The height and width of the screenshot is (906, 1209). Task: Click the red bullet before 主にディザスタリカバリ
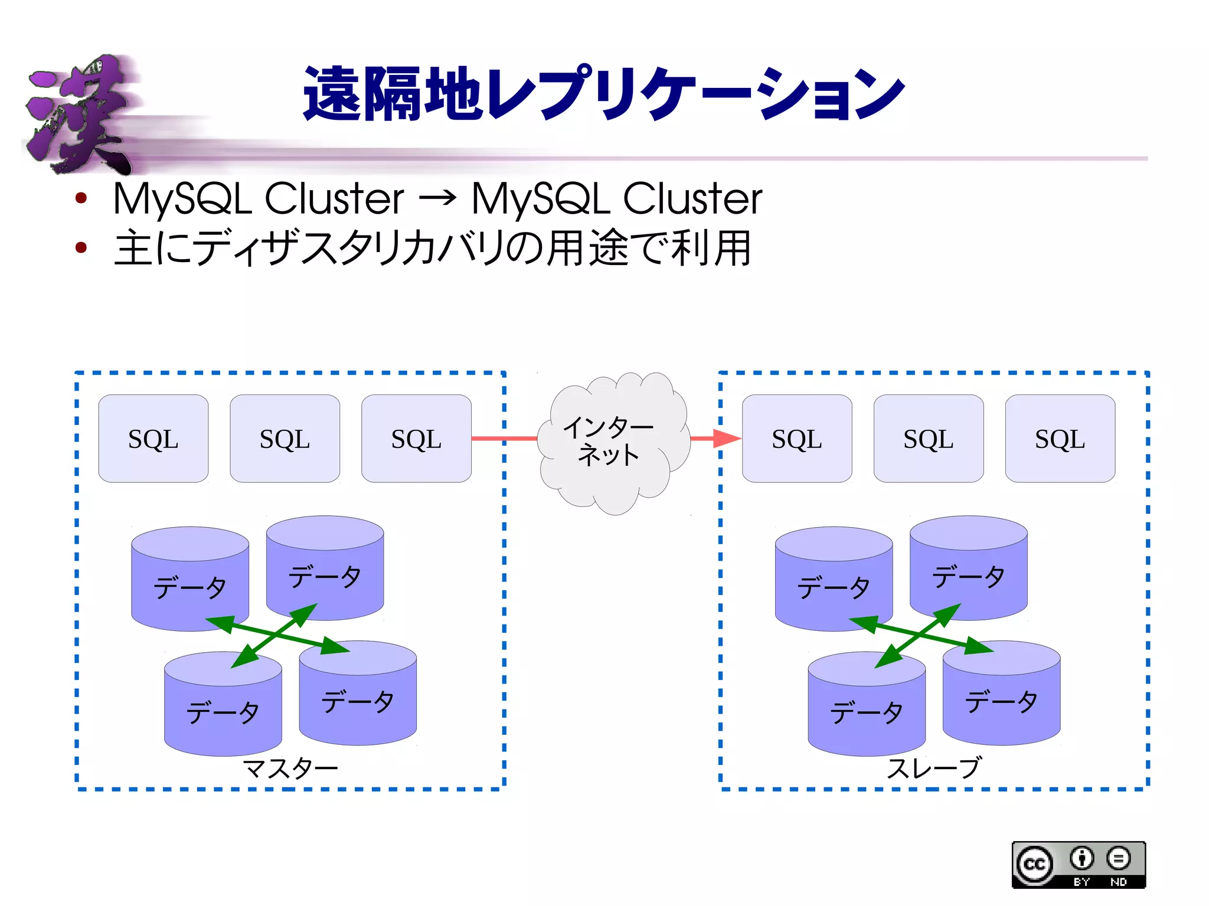pos(81,248)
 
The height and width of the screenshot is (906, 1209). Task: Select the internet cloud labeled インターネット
pos(611,443)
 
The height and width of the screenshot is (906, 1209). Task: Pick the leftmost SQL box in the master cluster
pos(153,439)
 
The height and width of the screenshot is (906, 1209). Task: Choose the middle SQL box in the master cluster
pos(285,439)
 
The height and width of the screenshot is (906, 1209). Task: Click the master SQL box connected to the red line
pos(416,439)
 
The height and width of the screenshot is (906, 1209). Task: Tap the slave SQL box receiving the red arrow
pos(796,439)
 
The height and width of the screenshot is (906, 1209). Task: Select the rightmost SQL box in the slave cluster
pos(1060,439)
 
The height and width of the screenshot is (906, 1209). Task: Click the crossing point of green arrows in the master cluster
pos(277,635)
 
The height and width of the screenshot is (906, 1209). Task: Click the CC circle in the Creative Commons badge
pos(1034,865)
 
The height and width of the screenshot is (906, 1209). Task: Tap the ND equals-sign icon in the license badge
pos(1118,859)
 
